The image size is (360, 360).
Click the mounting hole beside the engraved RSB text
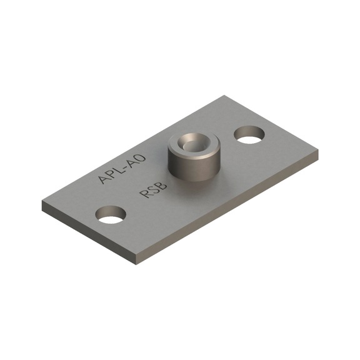[111, 215]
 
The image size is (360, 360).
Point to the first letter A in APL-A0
[104, 179]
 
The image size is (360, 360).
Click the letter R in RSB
[144, 194]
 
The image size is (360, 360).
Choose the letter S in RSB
[152, 190]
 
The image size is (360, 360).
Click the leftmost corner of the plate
[42, 203]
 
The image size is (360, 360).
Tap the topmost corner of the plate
[224, 96]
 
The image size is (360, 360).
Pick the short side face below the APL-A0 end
[87, 232]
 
